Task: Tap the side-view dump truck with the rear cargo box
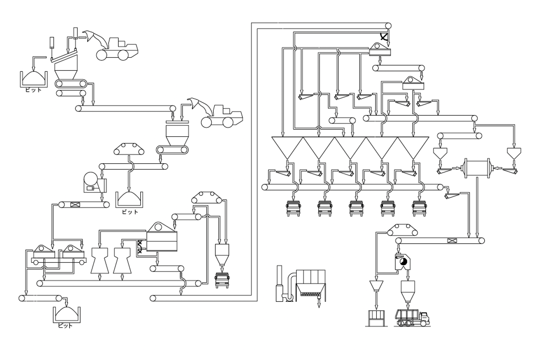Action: (x=412, y=317)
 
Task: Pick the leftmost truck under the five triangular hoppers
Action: (x=293, y=208)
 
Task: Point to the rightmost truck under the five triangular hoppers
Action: (x=419, y=208)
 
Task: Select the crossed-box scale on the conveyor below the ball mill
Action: (x=452, y=240)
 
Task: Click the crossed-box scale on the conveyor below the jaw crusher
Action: (x=75, y=205)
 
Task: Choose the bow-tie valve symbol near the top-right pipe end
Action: (x=384, y=37)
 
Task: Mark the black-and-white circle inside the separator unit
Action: (x=403, y=262)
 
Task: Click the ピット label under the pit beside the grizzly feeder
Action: (x=33, y=90)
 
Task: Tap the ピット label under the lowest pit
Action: (x=65, y=326)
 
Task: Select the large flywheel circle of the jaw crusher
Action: (x=91, y=179)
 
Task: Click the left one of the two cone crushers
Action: (x=100, y=260)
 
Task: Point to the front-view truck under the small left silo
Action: (x=222, y=280)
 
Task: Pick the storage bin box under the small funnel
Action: (x=376, y=318)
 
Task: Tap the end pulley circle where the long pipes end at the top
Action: (x=388, y=26)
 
